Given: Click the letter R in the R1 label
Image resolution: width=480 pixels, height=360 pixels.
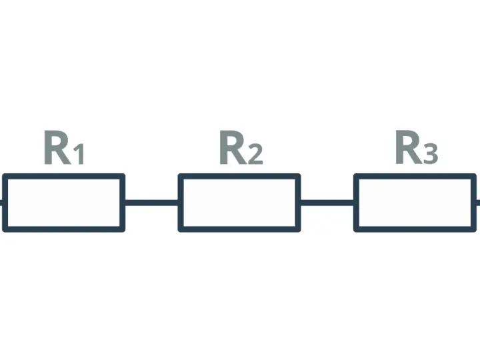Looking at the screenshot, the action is click(58, 147).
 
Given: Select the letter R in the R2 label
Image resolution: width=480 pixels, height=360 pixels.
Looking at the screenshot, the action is click(233, 147).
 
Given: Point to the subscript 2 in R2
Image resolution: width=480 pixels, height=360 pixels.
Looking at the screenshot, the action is click(255, 155).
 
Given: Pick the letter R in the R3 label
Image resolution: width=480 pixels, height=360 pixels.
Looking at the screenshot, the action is click(409, 147).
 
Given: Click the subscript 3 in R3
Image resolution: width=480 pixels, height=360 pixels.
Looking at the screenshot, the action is click(431, 155).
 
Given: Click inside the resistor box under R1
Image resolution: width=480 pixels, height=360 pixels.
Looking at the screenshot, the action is click(64, 203).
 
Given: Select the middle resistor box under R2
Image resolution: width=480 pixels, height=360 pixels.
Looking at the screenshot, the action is click(239, 203).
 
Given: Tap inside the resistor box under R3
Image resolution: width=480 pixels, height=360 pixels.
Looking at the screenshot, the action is click(415, 203).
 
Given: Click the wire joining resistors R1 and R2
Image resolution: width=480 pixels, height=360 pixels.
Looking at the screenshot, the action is click(151, 203).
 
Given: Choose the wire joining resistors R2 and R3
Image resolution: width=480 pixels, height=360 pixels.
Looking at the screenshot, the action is click(327, 203).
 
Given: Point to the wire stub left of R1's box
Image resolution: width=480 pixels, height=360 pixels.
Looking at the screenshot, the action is click(1, 203).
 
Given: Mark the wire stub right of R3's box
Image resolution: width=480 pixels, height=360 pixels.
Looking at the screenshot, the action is click(478, 203).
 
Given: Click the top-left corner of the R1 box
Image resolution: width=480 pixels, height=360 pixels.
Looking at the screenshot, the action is click(3, 174).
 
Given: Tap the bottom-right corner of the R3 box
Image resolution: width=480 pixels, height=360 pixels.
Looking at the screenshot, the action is click(476, 231).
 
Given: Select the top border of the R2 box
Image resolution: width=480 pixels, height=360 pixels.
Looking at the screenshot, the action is click(239, 176).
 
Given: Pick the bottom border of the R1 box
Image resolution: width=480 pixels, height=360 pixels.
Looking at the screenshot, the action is click(64, 229).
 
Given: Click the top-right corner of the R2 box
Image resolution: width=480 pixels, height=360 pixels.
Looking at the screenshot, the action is click(300, 174).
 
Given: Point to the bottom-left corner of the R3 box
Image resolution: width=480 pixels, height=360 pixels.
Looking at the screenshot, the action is click(354, 231).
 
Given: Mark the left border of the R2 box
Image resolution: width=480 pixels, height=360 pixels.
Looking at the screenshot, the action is click(181, 203).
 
